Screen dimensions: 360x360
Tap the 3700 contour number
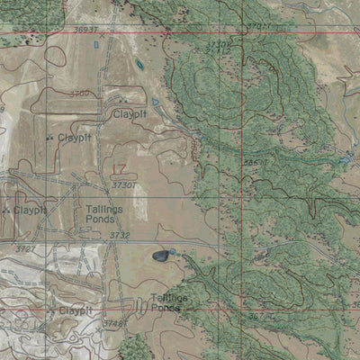point(79,93)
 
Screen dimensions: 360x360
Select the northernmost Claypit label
point(130,114)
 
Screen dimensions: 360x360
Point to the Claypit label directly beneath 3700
point(74,138)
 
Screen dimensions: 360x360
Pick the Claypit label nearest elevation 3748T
point(75,310)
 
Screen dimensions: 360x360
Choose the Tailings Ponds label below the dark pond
point(170,301)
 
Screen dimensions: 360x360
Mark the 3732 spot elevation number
point(119,235)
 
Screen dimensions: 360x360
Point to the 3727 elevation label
point(25,248)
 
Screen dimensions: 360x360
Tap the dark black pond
point(161,256)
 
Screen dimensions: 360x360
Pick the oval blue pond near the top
point(139,65)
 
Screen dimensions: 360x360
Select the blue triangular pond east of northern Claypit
point(156,103)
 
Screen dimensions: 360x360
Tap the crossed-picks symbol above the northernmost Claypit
point(121,100)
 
